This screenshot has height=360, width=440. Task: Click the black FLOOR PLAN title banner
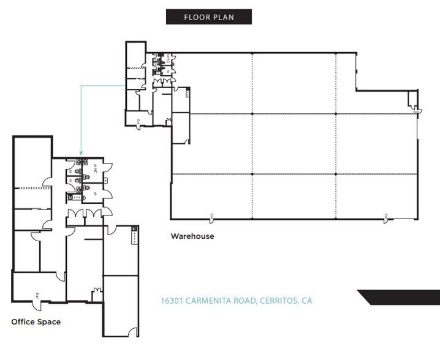pyautogui.click(x=209, y=17)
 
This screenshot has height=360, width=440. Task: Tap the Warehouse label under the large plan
pyautogui.click(x=192, y=236)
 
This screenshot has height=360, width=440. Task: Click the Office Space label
pyautogui.click(x=36, y=321)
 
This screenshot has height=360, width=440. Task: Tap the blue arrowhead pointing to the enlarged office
pyautogui.click(x=82, y=154)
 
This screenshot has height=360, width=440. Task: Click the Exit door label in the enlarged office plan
pyautogui.click(x=37, y=296)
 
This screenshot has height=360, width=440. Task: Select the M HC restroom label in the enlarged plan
pyautogui.click(x=95, y=168)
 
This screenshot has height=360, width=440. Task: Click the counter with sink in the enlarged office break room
pyautogui.click(x=135, y=236)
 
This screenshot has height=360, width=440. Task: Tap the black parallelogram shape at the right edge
pyautogui.click(x=399, y=296)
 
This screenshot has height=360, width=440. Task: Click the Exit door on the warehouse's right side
pyautogui.click(x=415, y=112)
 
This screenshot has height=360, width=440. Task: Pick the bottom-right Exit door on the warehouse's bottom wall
pyautogui.click(x=385, y=216)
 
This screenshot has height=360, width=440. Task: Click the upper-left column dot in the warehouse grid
pyautogui.click(x=252, y=114)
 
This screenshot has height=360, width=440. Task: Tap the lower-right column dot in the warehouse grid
pyautogui.click(x=336, y=174)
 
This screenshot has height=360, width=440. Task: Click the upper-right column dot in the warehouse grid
pyautogui.click(x=336, y=114)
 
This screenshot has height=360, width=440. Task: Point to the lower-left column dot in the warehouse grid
pyautogui.click(x=252, y=174)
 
